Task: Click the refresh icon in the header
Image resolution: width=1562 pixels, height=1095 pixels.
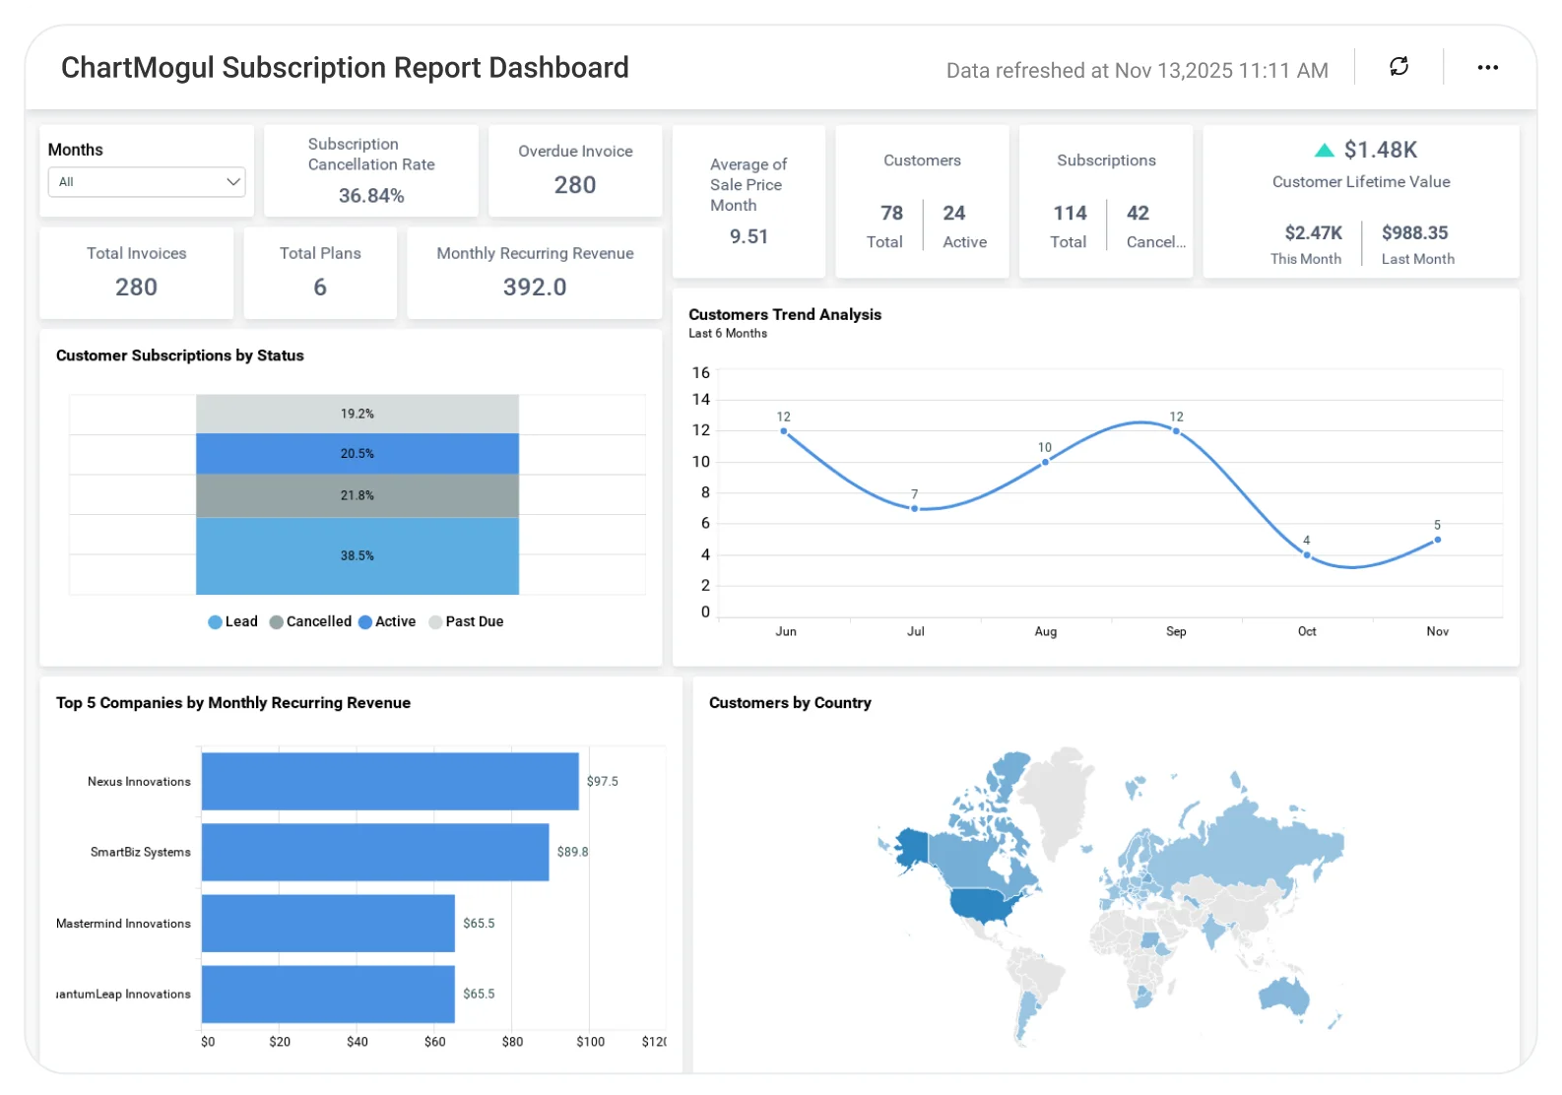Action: pos(1399,67)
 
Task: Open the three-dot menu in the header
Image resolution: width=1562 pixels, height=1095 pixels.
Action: pos(1487,67)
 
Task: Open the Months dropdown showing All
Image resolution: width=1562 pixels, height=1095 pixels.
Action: pos(146,182)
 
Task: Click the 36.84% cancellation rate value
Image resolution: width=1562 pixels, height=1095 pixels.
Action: pos(371,196)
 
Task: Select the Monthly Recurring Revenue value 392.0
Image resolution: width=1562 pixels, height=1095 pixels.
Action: pos(535,287)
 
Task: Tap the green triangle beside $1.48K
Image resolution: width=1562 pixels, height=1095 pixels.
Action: pos(1325,151)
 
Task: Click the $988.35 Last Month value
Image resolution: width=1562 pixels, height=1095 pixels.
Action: pos(1414,233)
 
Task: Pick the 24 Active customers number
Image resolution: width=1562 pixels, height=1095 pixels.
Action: pos(953,214)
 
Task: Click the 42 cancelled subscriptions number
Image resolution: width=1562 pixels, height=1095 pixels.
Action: pos(1138,214)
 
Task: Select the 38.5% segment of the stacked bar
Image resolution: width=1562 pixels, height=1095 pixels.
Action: pos(358,556)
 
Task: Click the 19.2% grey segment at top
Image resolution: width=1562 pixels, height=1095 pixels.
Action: pos(358,414)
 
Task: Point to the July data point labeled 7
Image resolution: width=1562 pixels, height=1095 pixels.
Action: pos(915,508)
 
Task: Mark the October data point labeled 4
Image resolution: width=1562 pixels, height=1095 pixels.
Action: pos(1307,555)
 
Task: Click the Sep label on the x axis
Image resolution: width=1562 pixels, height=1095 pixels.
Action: pos(1176,632)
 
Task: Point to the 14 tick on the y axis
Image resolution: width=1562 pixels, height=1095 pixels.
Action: pos(701,400)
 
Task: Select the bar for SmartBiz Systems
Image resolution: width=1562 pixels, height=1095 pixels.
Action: pos(374,853)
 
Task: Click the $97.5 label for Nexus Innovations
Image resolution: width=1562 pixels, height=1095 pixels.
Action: pos(602,782)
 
